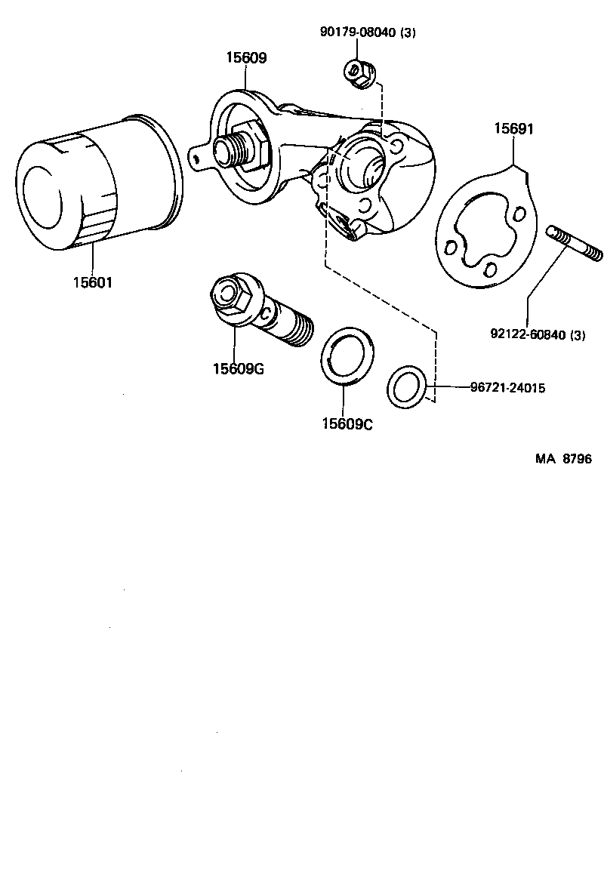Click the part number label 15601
[92, 283]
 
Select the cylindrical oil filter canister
[98, 185]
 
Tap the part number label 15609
[245, 57]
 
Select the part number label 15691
[514, 129]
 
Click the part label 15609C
[347, 424]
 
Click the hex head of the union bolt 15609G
[229, 297]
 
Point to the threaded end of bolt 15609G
[299, 330]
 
